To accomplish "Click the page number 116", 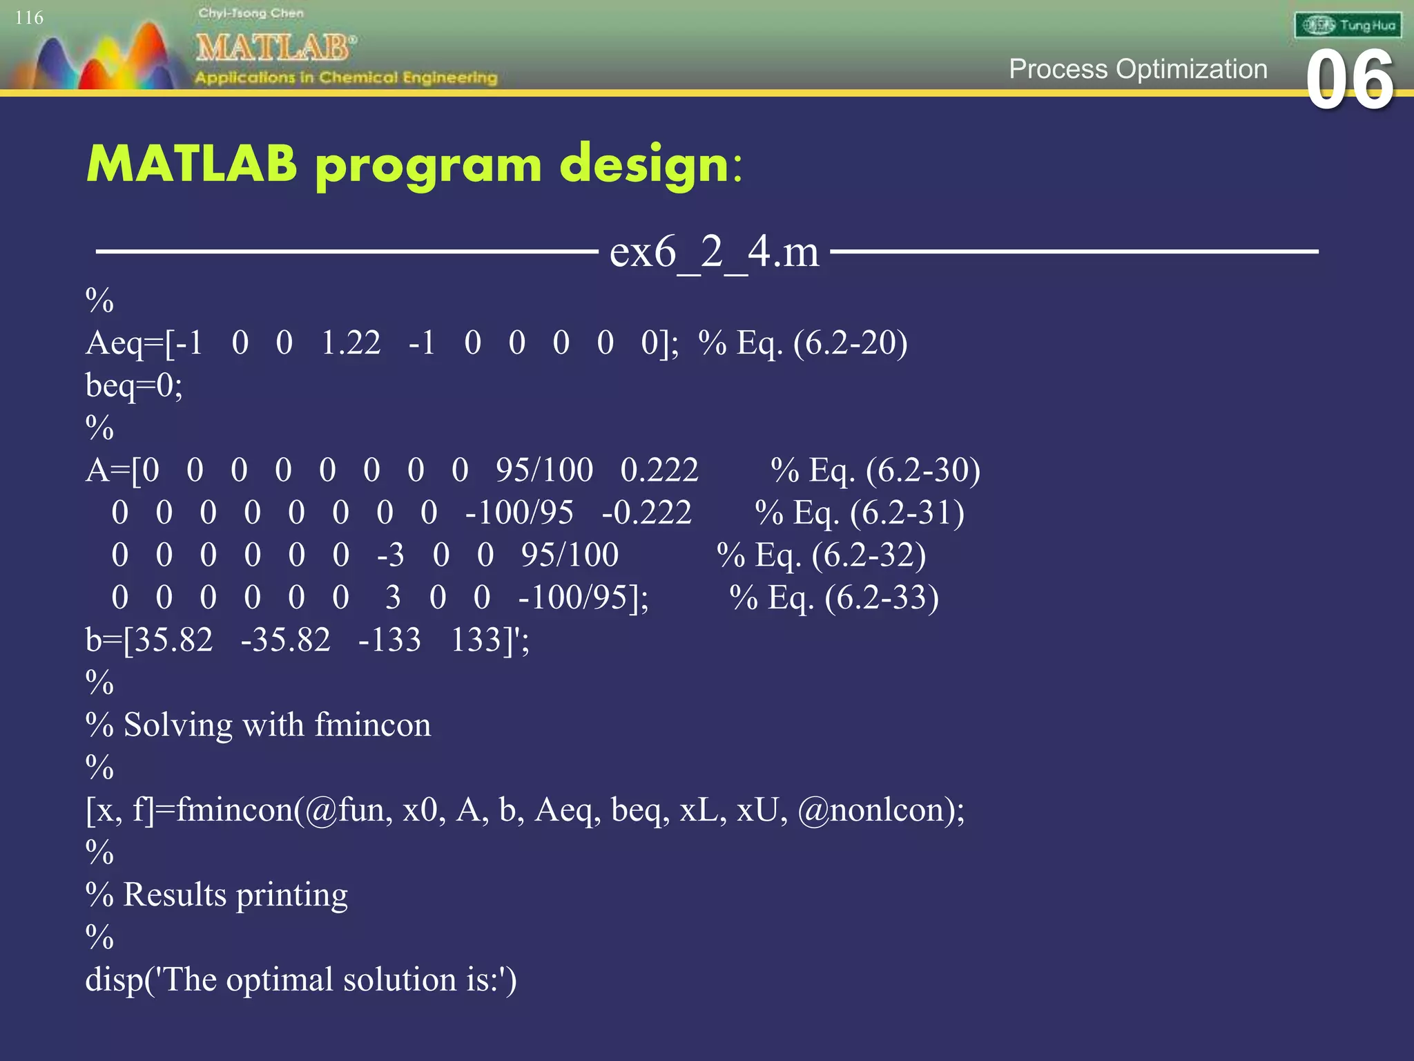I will (x=29, y=18).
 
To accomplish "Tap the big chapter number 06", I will (x=1350, y=81).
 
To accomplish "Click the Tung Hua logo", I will (x=1348, y=26).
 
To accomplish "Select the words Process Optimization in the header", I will (x=1138, y=69).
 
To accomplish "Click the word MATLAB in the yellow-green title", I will (x=191, y=164).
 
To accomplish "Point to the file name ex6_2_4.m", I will (x=714, y=251).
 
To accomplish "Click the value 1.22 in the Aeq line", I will (x=351, y=343).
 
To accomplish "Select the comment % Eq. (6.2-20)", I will (x=803, y=343).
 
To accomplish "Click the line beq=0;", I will (x=134, y=385).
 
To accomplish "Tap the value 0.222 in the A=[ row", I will (x=659, y=470).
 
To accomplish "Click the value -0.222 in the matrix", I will (x=646, y=513).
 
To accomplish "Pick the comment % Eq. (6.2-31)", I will (x=860, y=513).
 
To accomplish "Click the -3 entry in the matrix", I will (x=390, y=555).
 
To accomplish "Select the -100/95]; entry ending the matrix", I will (x=583, y=598).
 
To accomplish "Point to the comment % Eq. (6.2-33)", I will (x=834, y=598).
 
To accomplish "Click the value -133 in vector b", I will (x=389, y=640).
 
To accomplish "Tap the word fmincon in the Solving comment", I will (x=373, y=725).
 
